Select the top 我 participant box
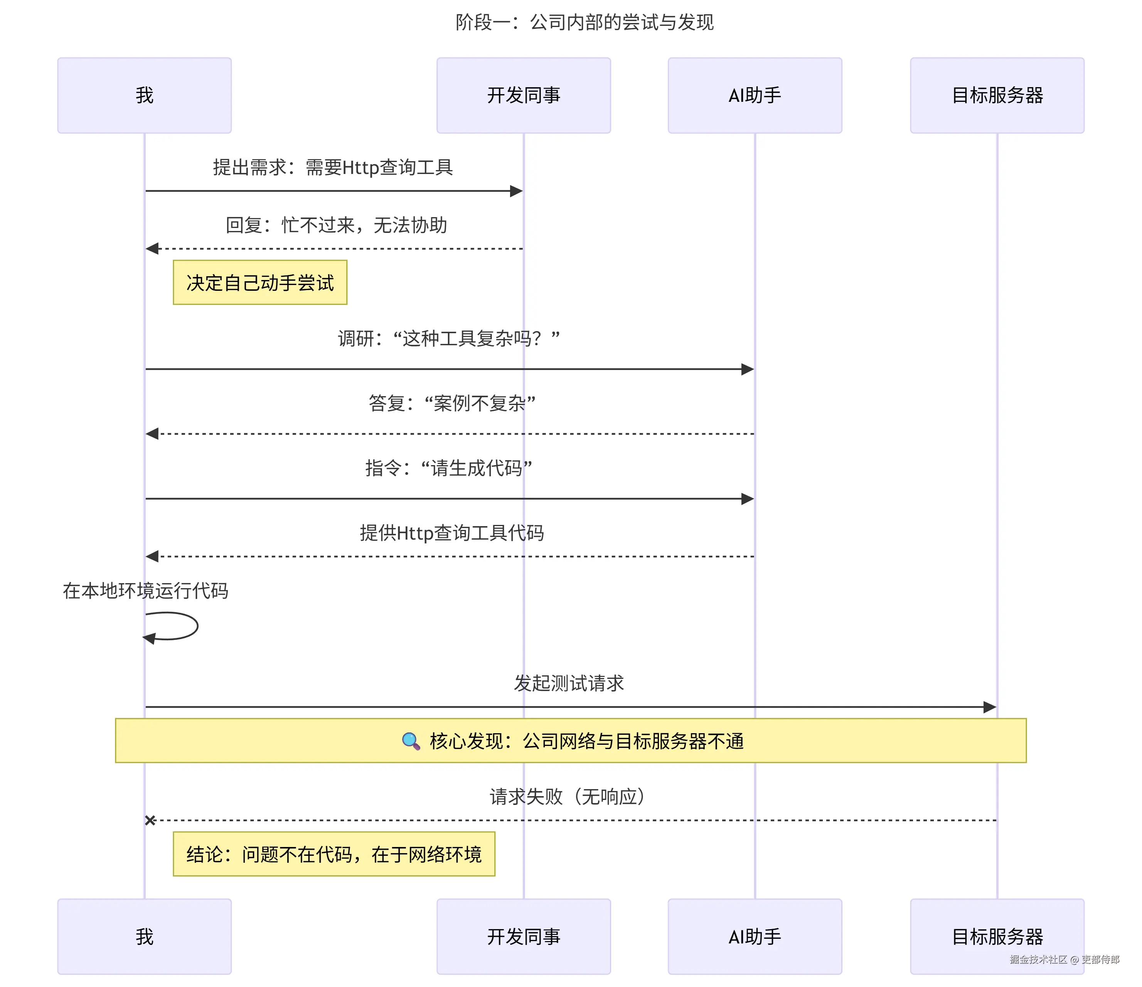click(145, 95)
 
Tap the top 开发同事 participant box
click(523, 95)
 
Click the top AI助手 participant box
click(755, 95)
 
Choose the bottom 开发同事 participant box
click(523, 936)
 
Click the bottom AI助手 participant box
click(755, 936)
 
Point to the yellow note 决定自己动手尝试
click(260, 283)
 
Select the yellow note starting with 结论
click(334, 854)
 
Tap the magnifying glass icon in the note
click(411, 741)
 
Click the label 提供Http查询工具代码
click(451, 533)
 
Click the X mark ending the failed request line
click(150, 820)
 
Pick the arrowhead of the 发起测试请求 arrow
click(990, 707)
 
